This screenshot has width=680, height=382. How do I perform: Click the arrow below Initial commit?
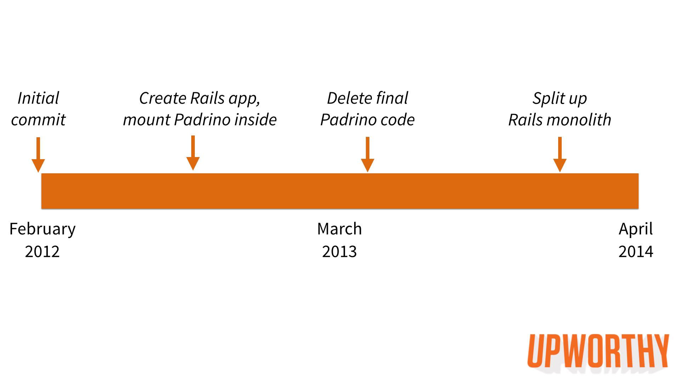click(38, 155)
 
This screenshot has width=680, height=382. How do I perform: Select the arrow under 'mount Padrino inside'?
click(193, 153)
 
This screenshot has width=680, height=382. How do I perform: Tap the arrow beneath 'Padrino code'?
click(368, 155)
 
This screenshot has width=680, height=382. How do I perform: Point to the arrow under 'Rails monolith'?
click(560, 155)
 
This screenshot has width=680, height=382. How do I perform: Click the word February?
click(42, 229)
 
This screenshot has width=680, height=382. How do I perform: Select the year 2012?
click(42, 251)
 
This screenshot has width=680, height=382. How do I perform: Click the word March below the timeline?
click(340, 229)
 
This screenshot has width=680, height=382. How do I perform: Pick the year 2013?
click(339, 251)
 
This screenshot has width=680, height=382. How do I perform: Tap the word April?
click(636, 229)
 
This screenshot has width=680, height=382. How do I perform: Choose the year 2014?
click(636, 251)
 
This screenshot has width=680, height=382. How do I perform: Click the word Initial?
click(38, 98)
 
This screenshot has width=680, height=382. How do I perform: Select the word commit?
click(38, 120)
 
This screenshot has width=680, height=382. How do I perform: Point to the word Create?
click(163, 98)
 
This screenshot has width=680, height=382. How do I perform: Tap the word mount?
click(147, 120)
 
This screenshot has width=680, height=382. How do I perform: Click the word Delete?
click(349, 98)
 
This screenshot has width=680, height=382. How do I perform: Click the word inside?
click(256, 120)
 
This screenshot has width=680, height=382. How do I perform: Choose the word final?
click(392, 98)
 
